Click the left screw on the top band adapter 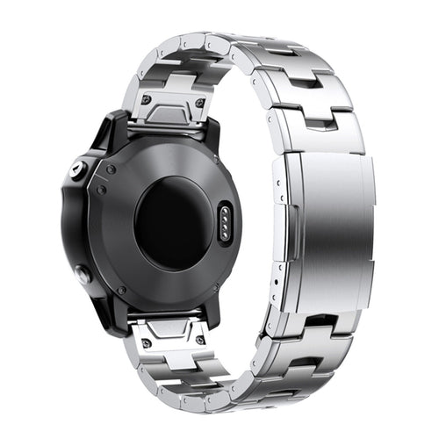click(146, 99)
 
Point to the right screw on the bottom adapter click(201, 340)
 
